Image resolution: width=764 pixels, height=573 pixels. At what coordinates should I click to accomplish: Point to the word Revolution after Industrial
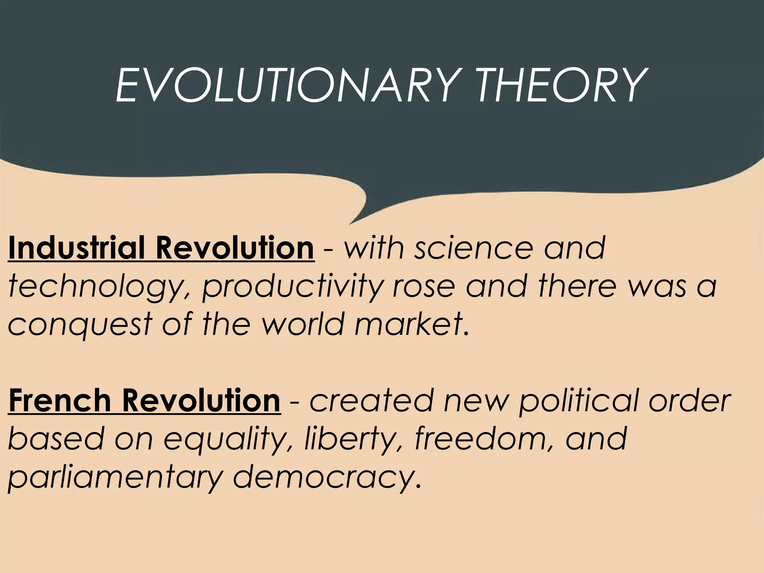[235, 248]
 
